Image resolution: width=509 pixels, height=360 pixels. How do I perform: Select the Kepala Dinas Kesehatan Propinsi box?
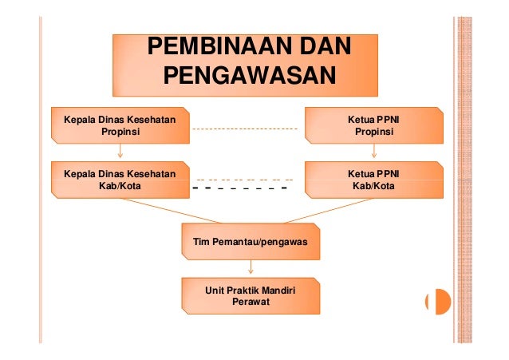[x=120, y=125]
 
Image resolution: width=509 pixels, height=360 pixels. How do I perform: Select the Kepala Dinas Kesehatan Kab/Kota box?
[x=120, y=180]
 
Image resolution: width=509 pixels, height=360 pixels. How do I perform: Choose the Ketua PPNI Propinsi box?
[x=373, y=125]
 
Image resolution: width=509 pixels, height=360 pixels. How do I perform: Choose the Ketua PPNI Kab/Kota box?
[x=373, y=180]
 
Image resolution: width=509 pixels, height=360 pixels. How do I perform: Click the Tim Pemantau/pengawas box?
[x=251, y=240]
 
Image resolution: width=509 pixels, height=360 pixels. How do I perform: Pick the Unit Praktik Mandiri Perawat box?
[x=251, y=296]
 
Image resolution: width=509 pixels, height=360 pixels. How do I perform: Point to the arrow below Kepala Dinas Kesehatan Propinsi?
[x=120, y=152]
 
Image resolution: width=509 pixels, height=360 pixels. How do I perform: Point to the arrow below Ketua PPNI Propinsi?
[x=373, y=152]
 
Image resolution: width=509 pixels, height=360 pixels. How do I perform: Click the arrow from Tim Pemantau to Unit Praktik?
[x=251, y=268]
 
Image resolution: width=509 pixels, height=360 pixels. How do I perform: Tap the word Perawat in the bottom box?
[x=251, y=303]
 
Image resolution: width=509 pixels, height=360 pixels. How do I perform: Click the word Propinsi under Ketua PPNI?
[x=373, y=132]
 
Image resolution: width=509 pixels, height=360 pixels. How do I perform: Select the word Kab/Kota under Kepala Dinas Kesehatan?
[x=119, y=186]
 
